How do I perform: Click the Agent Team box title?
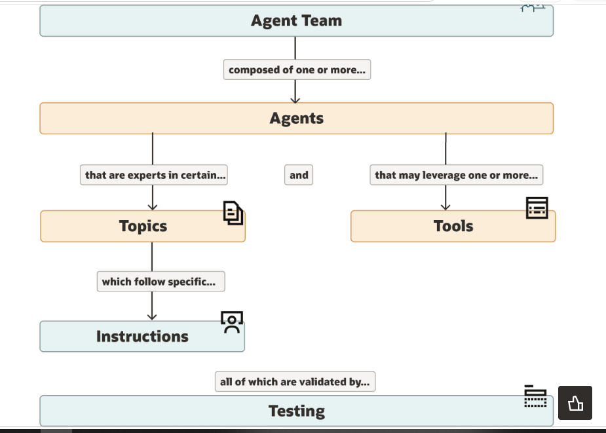point(296,20)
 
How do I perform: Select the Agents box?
point(296,119)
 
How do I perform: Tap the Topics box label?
point(143,226)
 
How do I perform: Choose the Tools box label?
point(453,226)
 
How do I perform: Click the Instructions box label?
point(142,336)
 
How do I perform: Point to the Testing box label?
point(296,411)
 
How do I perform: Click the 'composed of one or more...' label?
point(297,69)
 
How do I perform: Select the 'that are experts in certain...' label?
point(154,175)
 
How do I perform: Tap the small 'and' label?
point(299,175)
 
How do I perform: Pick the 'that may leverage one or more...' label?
point(456,175)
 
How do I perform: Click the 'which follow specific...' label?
point(161,282)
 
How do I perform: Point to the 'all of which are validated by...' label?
point(295,382)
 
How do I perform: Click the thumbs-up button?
point(575,403)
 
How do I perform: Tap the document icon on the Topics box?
point(233,213)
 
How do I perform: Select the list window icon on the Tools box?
point(537,208)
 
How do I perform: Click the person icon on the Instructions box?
point(232,322)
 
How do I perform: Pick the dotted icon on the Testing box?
point(535,396)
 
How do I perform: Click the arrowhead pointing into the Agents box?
point(295,100)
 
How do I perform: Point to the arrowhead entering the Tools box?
point(445,207)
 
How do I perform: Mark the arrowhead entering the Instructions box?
point(152,317)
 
